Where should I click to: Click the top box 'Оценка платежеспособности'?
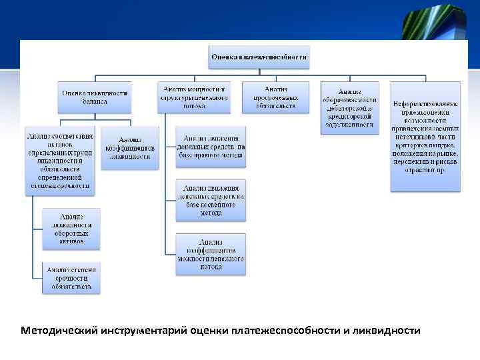click(x=259, y=58)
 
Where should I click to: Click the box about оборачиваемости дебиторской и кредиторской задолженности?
click(x=350, y=107)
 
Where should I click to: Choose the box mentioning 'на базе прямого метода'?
click(x=211, y=147)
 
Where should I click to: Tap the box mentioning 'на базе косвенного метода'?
click(x=211, y=200)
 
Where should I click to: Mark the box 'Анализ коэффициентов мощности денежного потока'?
click(x=211, y=253)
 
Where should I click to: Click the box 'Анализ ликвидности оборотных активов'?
click(x=71, y=229)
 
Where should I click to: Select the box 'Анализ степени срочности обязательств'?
click(x=71, y=278)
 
